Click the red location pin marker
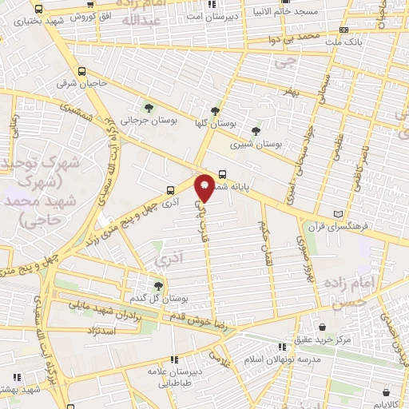pyautogui.click(x=205, y=187)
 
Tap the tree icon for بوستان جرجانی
pyautogui.click(x=149, y=108)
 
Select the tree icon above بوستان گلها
pyautogui.click(x=214, y=111)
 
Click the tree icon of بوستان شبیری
pyautogui.click(x=256, y=131)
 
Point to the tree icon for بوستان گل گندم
pyautogui.click(x=157, y=284)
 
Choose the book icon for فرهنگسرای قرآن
pyautogui.click(x=340, y=214)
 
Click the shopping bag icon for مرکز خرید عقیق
pyautogui.click(x=322, y=327)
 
